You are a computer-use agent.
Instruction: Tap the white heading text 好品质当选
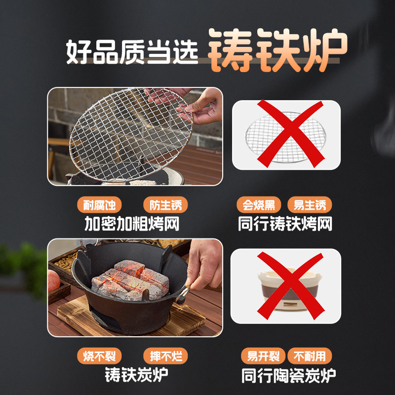point(132,51)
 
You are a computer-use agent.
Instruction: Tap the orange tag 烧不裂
point(99,356)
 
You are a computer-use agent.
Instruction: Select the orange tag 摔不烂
point(165,356)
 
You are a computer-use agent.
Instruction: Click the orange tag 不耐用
point(310,356)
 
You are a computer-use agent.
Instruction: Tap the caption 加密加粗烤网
point(132,225)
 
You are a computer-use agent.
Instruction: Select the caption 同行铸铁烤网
point(285,225)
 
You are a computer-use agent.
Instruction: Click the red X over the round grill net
point(286,134)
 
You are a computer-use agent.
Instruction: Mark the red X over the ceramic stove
point(286,285)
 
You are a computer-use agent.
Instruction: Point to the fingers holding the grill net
point(202,108)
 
